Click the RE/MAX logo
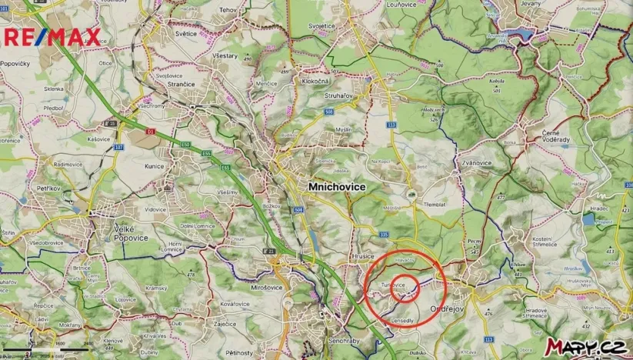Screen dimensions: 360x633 [52, 35]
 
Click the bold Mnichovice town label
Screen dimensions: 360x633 [336, 187]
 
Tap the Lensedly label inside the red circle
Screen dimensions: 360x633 [403, 320]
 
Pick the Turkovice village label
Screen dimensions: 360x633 [388, 285]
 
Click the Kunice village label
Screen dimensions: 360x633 [155, 165]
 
